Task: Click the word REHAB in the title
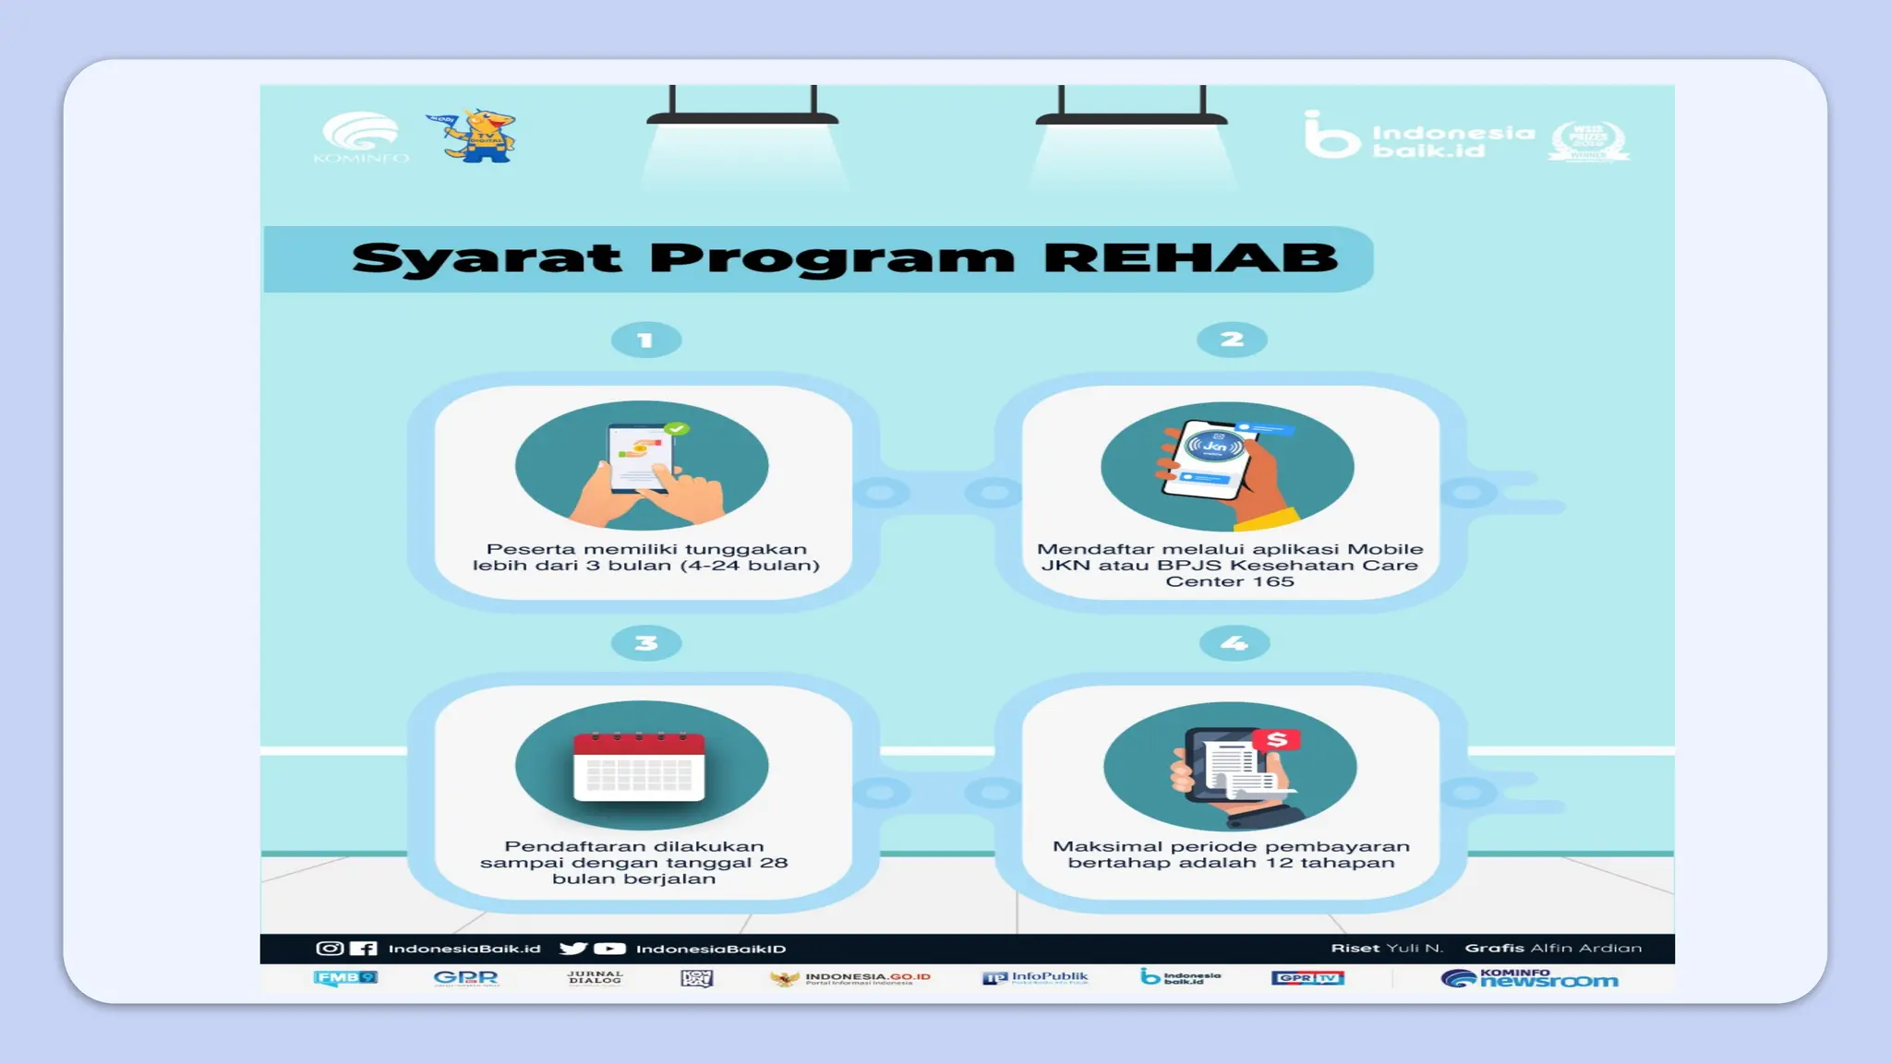pos(1190,257)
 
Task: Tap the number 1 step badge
pos(646,340)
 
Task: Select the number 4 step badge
pos(1234,643)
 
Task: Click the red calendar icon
pos(639,766)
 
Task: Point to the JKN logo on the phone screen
pos(1214,447)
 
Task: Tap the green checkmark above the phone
pos(677,428)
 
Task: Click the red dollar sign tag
pos(1277,739)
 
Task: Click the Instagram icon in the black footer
pos(329,949)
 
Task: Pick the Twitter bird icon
pos(572,949)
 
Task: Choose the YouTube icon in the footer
pos(609,949)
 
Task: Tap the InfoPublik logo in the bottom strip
pos(1035,977)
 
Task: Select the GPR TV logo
pos(1307,978)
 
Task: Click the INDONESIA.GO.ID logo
pos(850,978)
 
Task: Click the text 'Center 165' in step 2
pos(1230,581)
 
